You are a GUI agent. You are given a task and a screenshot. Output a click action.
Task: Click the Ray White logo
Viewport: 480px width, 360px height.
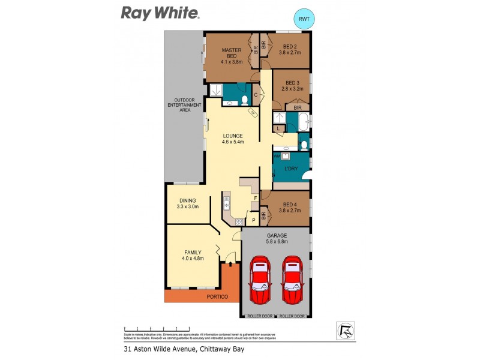pos(161,13)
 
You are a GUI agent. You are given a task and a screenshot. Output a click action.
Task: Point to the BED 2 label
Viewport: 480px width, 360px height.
pos(289,50)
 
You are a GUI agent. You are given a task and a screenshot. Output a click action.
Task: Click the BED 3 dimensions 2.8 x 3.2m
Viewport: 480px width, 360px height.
pos(292,89)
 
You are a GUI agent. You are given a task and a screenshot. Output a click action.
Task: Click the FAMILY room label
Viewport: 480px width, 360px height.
pos(193,255)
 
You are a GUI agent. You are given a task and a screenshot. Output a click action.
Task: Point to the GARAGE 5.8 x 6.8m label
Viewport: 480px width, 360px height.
pos(277,239)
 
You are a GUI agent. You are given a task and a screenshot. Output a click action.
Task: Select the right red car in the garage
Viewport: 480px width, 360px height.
pos(293,280)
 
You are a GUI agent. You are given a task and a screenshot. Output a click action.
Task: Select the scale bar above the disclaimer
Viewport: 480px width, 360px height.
pos(157,329)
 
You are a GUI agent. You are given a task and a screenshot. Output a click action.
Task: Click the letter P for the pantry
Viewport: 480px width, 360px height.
pos(253,220)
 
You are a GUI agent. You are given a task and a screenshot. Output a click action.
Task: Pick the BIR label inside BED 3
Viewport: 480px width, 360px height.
pos(297,107)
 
